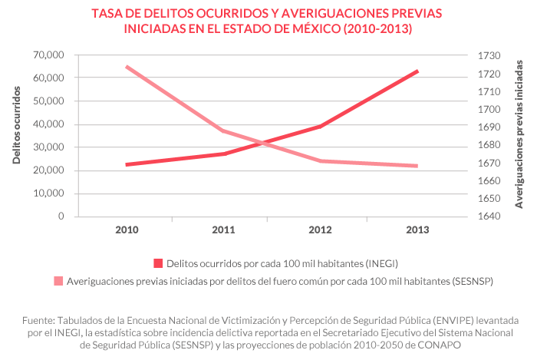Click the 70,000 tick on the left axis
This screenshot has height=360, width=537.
click(49, 55)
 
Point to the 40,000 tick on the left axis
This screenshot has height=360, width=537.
click(49, 124)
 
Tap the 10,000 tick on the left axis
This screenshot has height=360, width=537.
click(49, 193)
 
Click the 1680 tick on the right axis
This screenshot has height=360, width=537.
click(489, 145)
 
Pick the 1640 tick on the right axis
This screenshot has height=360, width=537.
click(489, 216)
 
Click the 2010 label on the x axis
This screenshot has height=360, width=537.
click(127, 230)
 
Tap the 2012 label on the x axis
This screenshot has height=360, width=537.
click(321, 230)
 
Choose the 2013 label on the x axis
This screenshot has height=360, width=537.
click(417, 230)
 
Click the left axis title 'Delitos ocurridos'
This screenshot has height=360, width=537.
click(16, 124)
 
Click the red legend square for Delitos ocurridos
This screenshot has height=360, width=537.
click(158, 263)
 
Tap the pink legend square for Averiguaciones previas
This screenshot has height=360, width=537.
click(58, 282)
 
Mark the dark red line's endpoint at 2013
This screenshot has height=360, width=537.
click(417, 71)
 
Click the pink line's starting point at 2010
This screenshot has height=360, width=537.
click(127, 67)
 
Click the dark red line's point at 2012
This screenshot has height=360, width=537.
click(321, 126)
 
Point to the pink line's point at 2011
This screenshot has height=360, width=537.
click(223, 130)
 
